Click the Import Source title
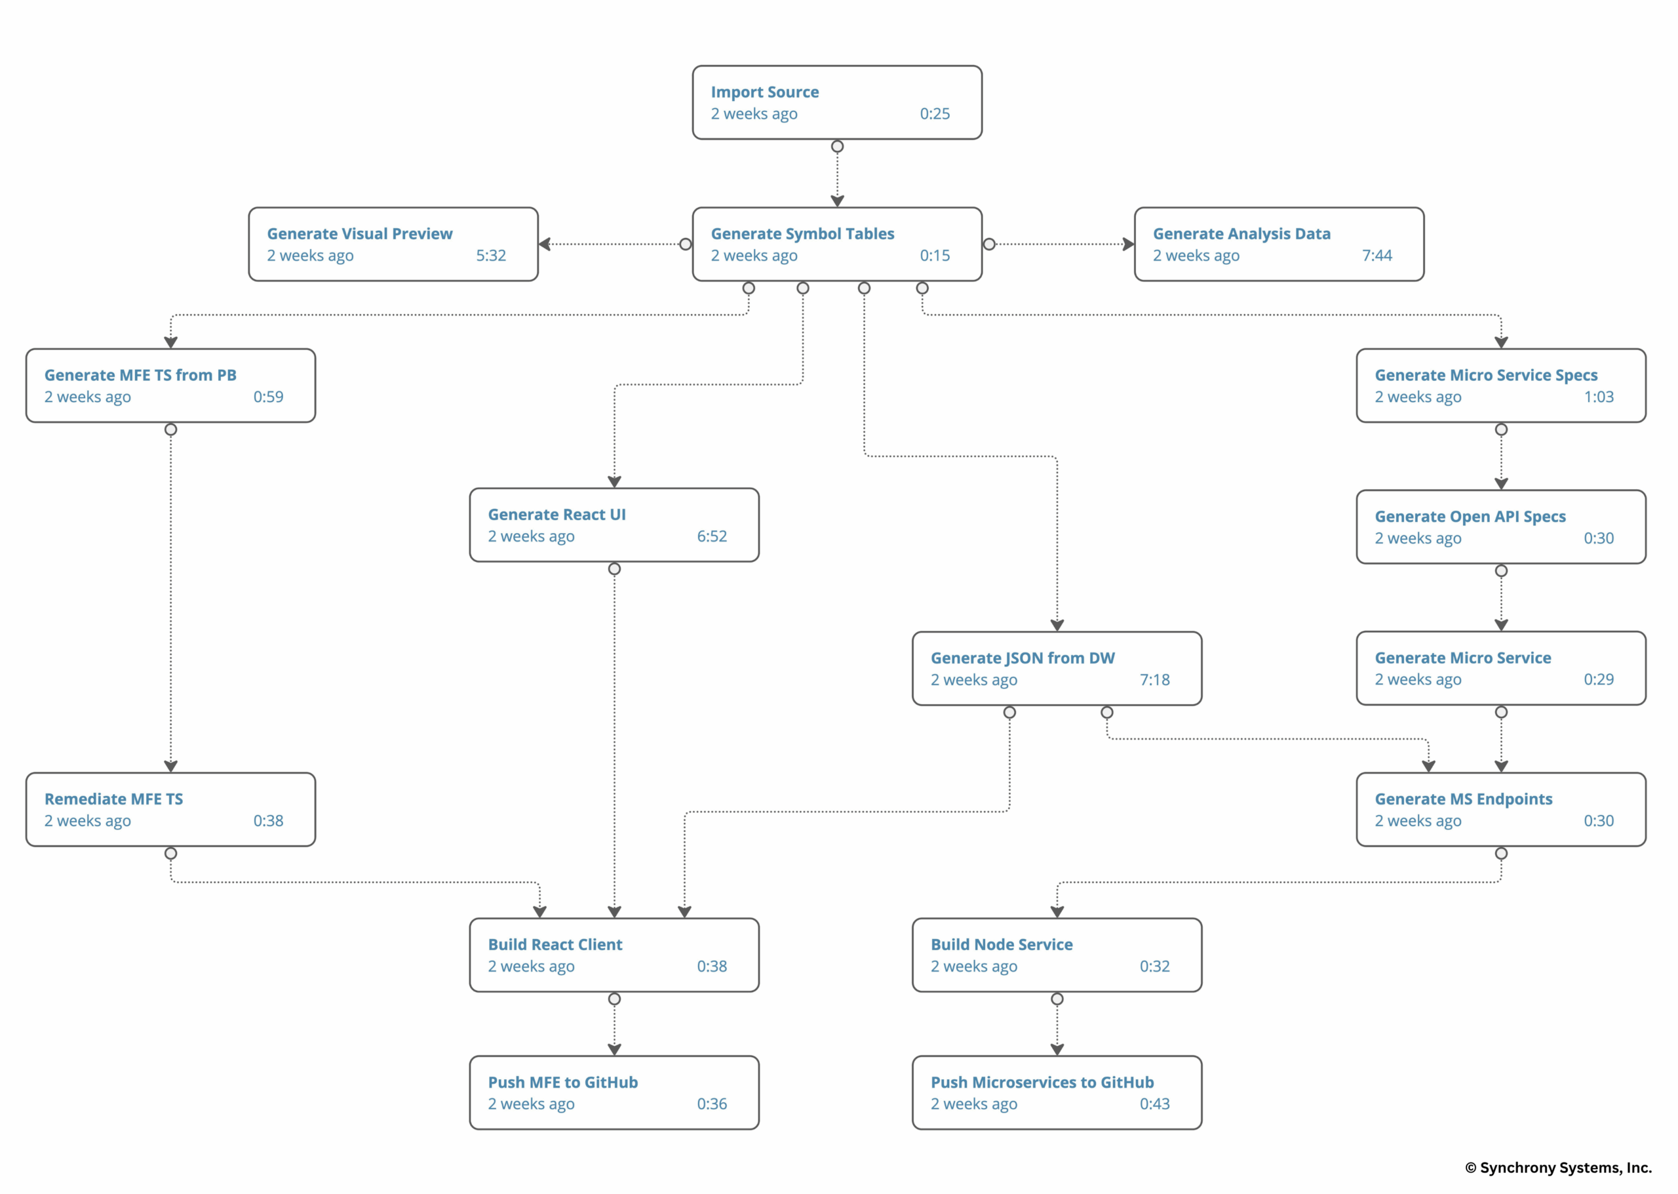764,92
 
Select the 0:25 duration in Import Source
934,114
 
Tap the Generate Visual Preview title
359,234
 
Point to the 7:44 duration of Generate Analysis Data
1376,256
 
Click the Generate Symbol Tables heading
802,234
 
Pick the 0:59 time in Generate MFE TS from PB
268,397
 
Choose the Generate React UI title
556,515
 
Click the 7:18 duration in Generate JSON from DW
1154,680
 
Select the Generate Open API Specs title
1470,517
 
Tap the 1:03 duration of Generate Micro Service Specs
1598,397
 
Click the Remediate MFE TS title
114,799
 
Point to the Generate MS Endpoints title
1462,799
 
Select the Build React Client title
555,945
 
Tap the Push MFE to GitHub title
562,1083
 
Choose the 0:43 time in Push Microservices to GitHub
1154,1104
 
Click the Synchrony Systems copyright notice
1557,1168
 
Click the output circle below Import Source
837,146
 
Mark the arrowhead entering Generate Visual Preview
545,244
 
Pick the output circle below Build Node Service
1057,999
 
